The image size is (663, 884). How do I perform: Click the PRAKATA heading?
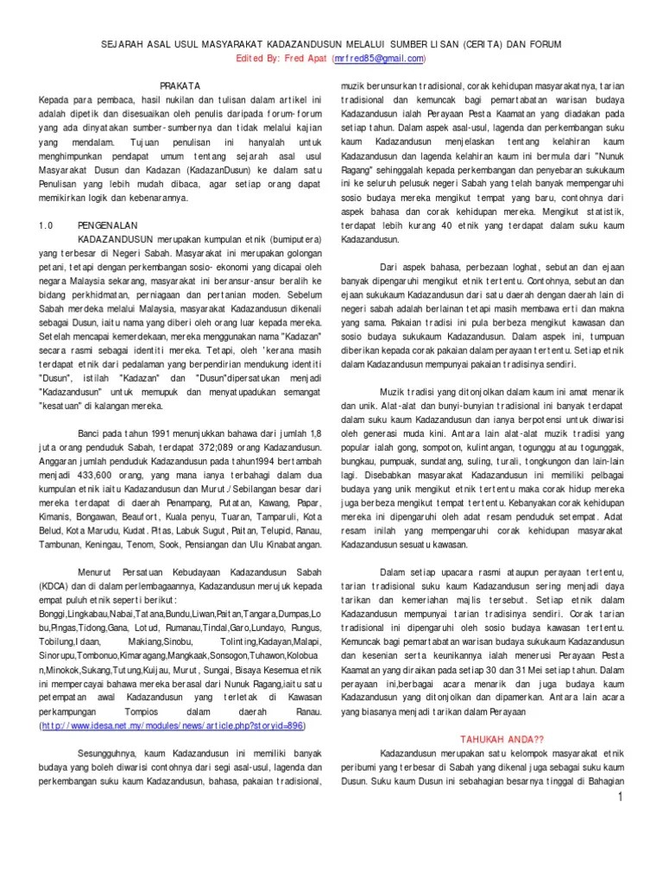point(181,85)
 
